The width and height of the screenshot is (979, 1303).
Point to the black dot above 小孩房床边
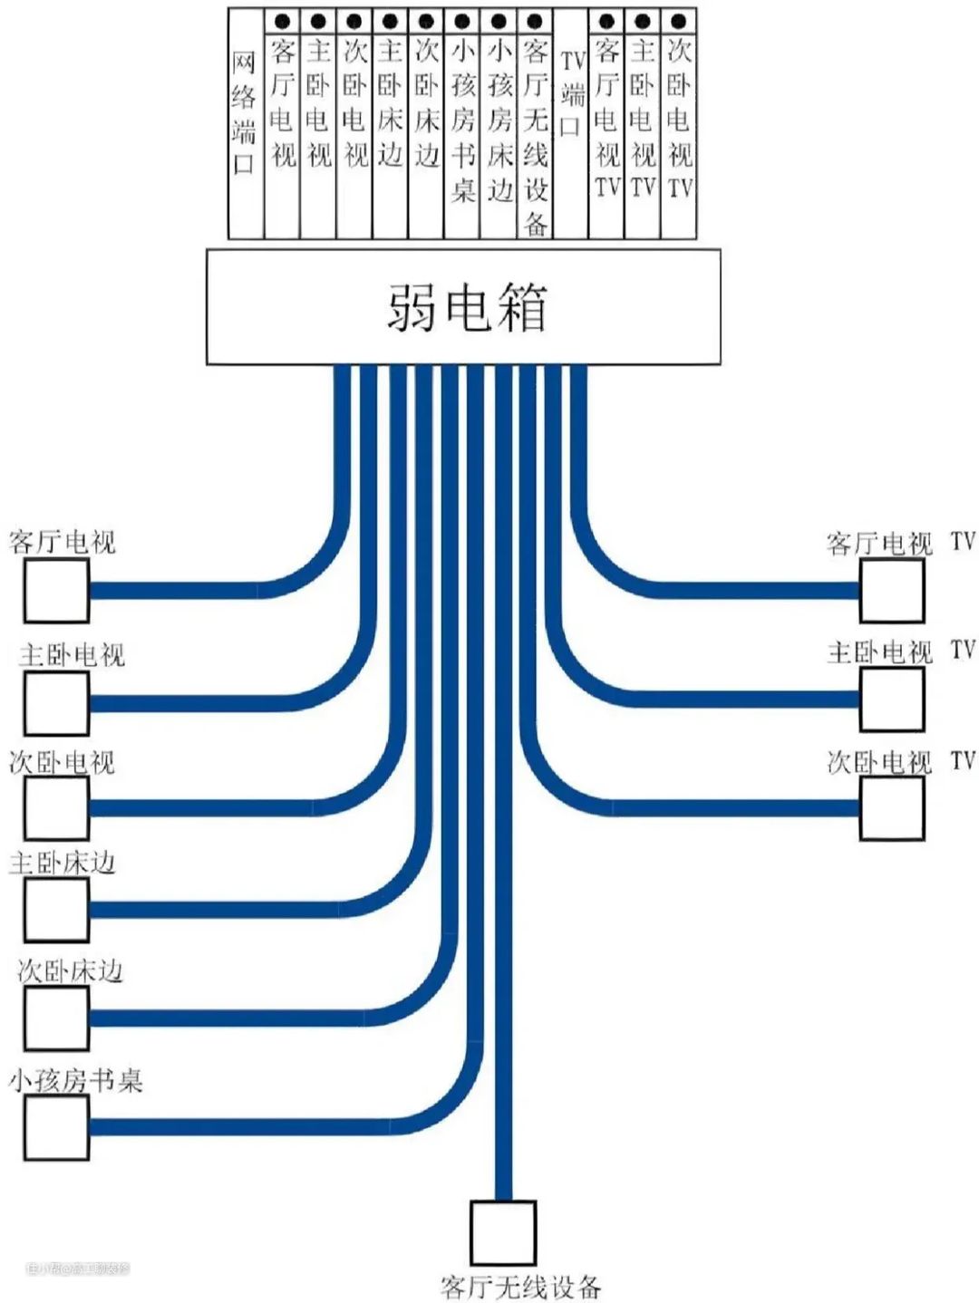(499, 21)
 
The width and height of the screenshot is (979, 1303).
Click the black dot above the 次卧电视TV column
(678, 21)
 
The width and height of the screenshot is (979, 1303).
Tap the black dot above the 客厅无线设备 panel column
(535, 21)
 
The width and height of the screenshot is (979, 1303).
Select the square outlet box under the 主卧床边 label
(56, 910)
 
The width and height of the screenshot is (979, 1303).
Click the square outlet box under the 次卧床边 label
(56, 1018)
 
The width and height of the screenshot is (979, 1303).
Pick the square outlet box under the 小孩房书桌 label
(56, 1126)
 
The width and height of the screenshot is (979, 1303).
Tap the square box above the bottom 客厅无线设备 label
(503, 1233)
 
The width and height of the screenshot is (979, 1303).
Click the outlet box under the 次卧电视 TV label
(892, 807)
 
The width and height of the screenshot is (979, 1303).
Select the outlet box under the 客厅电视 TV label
(892, 591)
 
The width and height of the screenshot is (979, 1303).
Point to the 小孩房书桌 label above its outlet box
(76, 1080)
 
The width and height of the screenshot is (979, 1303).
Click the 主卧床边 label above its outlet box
(63, 863)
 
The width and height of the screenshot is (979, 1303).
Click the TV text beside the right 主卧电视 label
(963, 650)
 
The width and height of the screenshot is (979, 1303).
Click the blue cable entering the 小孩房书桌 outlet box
(227, 1126)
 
